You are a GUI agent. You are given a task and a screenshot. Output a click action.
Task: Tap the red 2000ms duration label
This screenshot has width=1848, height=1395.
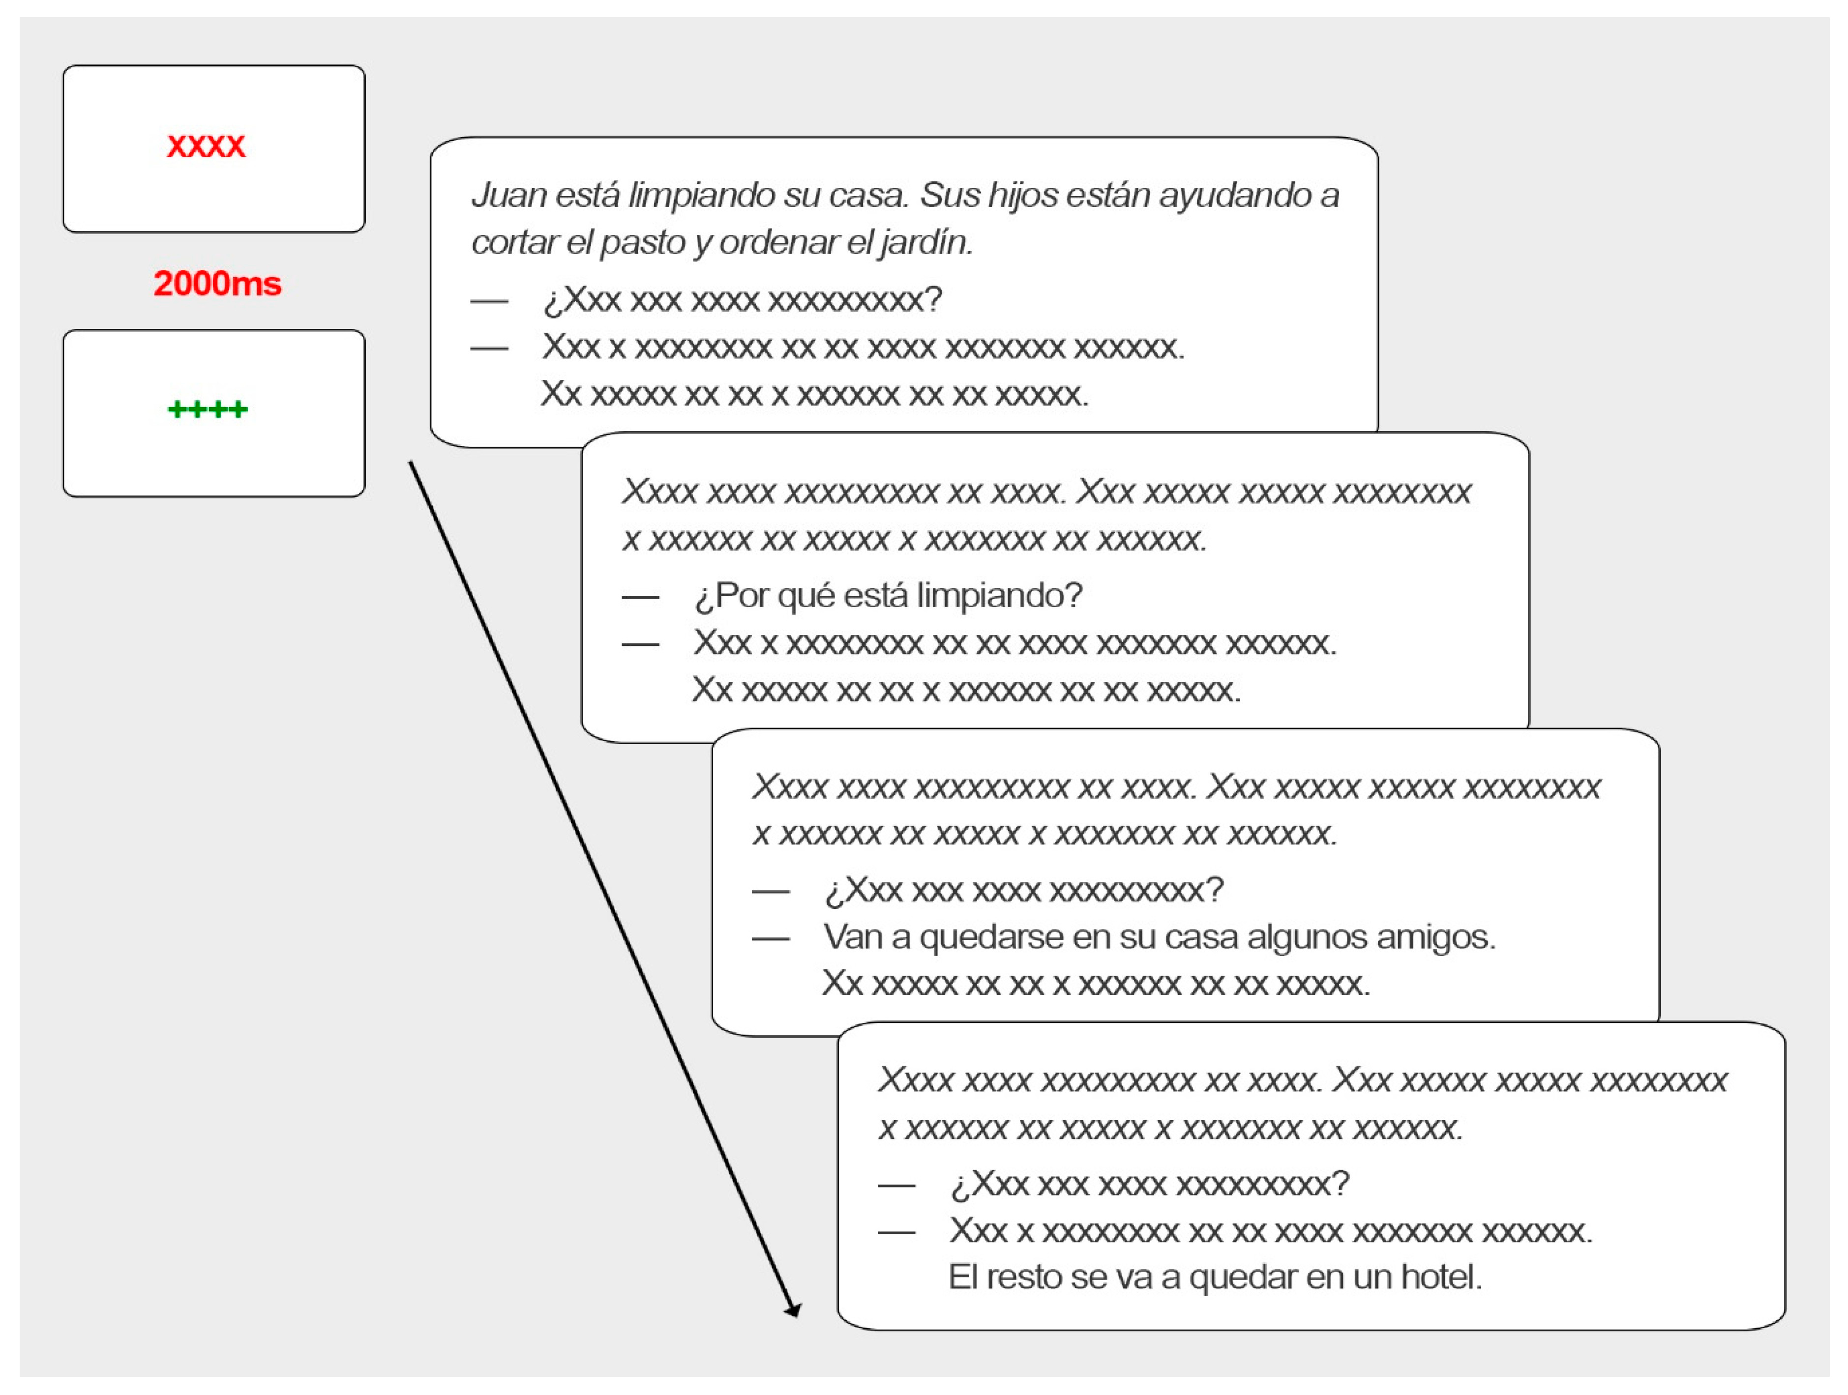[217, 284]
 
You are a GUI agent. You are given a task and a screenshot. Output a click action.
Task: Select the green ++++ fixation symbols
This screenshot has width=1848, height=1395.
[207, 409]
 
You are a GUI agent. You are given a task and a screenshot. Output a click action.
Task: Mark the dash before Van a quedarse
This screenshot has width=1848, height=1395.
[770, 939]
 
